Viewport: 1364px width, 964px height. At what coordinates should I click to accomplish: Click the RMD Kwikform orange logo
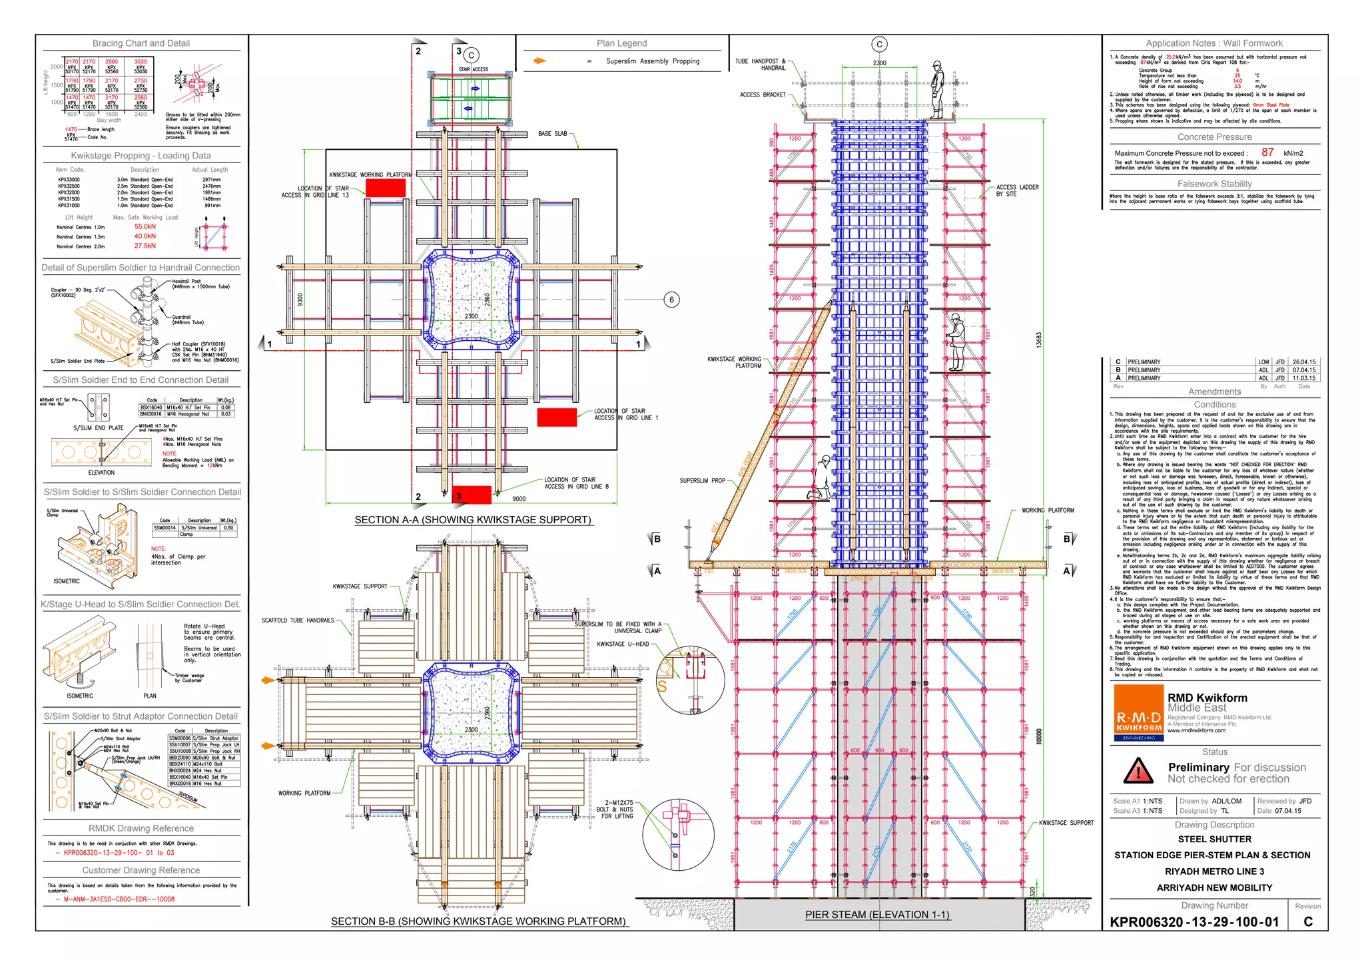tap(1138, 712)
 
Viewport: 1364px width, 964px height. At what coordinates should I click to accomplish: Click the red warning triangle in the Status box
tap(1138, 771)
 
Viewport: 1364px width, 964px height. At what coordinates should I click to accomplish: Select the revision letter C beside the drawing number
tap(1307, 921)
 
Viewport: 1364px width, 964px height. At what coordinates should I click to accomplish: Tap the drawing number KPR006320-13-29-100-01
tap(1194, 922)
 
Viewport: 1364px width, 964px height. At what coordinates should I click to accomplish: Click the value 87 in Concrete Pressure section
tap(1267, 152)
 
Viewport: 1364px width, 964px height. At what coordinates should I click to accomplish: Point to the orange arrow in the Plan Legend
tap(539, 61)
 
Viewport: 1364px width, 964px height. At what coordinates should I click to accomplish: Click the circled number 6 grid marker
tap(671, 300)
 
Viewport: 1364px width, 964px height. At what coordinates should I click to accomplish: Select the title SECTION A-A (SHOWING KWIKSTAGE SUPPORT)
tap(472, 519)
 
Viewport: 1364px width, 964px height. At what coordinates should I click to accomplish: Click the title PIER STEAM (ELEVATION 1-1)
tap(877, 914)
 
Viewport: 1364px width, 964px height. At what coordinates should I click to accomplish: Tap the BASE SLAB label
tap(552, 134)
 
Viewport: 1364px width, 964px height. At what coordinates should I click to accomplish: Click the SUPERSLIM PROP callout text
tap(702, 480)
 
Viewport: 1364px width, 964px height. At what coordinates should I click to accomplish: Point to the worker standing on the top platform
tap(937, 89)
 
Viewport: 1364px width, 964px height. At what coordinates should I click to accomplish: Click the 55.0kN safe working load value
tap(145, 226)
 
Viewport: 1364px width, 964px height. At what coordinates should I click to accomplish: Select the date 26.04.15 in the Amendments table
tap(1303, 362)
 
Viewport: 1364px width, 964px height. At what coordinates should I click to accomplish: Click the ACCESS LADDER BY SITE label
tap(1017, 190)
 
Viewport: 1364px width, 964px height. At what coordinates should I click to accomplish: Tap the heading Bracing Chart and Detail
tap(141, 43)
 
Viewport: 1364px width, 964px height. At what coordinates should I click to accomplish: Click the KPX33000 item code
tap(69, 180)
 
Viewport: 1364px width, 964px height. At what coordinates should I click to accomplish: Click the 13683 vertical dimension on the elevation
tap(1038, 340)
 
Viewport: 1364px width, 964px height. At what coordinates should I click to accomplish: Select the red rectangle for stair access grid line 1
tap(557, 417)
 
